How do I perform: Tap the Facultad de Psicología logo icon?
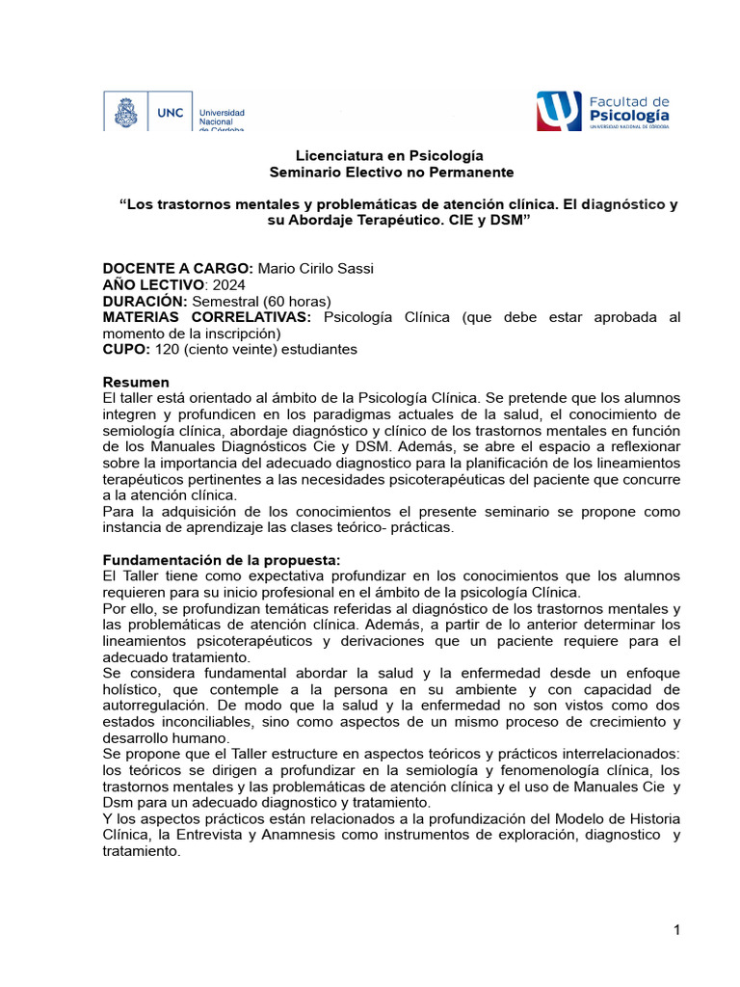558,111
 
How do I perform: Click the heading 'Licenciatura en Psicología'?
376,155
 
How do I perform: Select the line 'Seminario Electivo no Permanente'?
377,172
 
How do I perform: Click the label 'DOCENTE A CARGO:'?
178,268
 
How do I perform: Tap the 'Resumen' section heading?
136,382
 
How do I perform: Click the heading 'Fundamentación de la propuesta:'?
222,560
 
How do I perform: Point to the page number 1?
677,930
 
